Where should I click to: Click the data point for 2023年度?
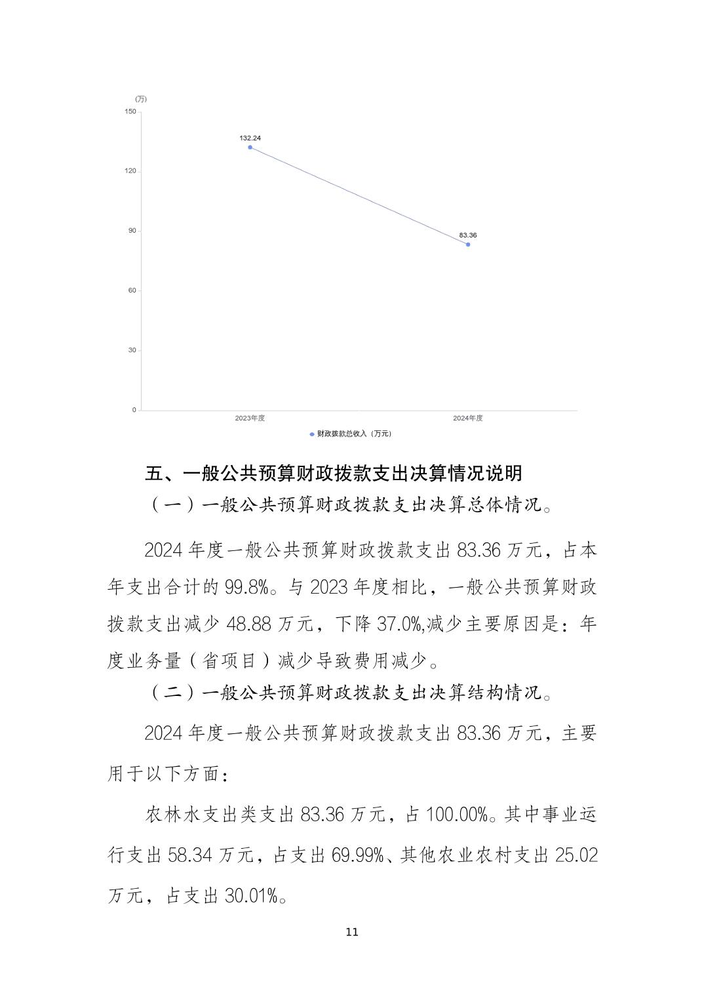(x=250, y=148)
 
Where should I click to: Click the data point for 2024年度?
(x=468, y=245)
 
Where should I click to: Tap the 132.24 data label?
(x=250, y=138)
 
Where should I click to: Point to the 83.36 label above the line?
(x=468, y=235)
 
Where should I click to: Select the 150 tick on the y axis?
(x=130, y=112)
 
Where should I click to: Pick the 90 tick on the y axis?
(x=132, y=231)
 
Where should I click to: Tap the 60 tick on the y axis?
(x=132, y=291)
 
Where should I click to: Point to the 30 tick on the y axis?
(x=132, y=350)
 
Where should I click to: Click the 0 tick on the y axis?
(x=134, y=410)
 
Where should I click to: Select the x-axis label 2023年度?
(x=250, y=418)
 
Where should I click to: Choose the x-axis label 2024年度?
(x=468, y=418)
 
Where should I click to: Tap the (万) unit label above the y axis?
(x=141, y=99)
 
